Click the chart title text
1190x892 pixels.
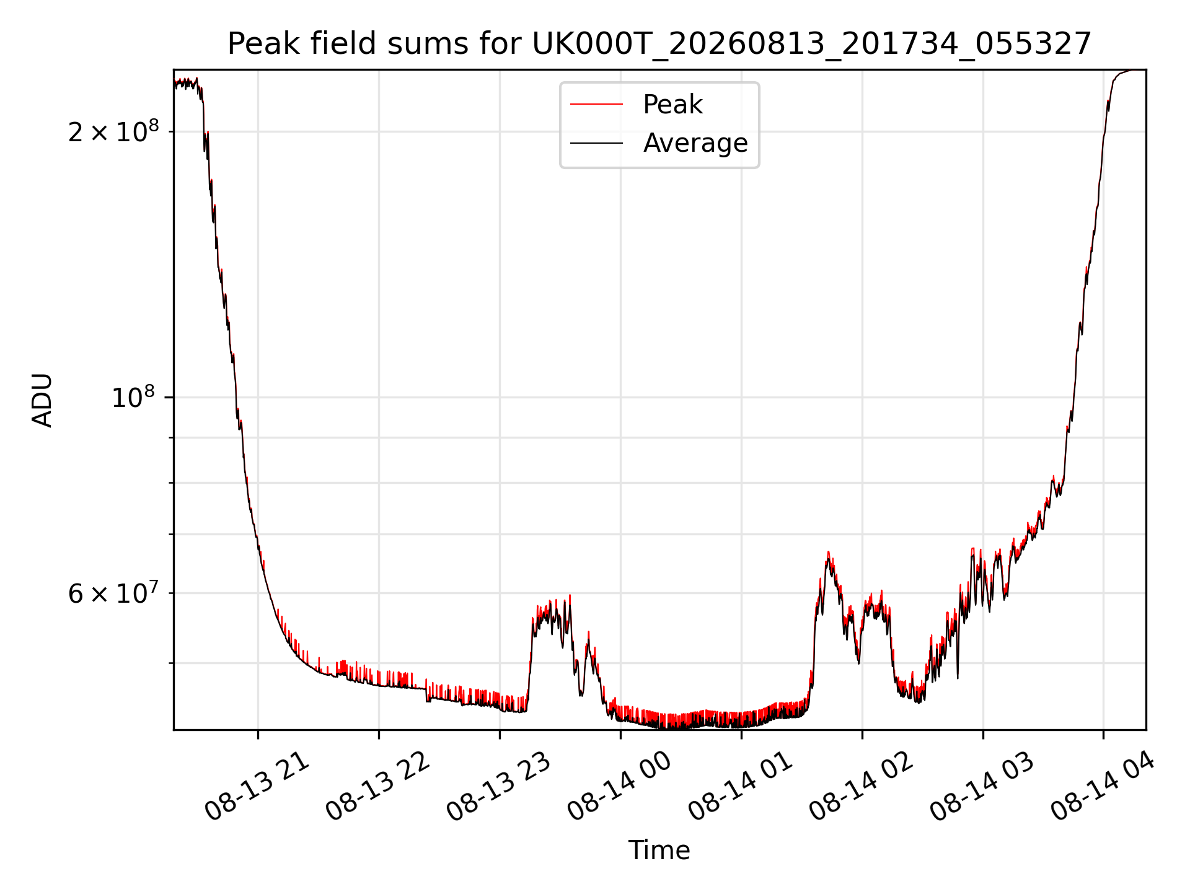659,44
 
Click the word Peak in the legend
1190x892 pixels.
672,105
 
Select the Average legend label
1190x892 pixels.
695,143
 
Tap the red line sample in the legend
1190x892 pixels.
596,105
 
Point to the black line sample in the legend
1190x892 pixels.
596,143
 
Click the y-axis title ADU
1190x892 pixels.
42,400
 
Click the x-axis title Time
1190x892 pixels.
659,850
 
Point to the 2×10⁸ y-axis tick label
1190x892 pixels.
113,131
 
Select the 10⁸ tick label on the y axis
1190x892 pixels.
135,396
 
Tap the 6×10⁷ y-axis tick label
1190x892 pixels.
113,593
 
